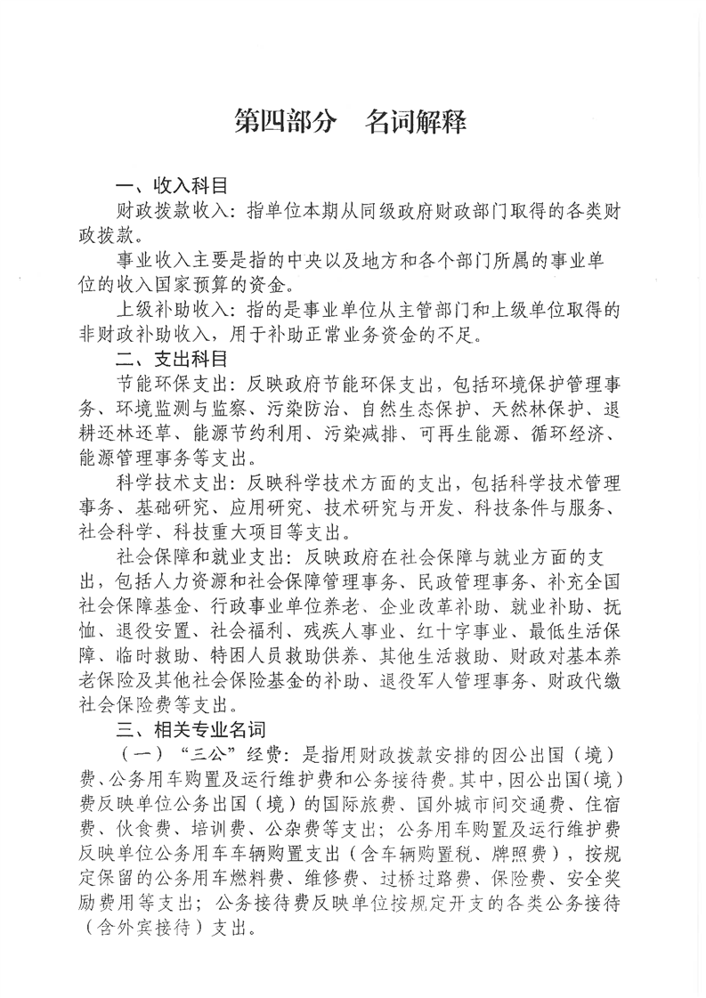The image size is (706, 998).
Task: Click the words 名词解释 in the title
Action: pos(416,122)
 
